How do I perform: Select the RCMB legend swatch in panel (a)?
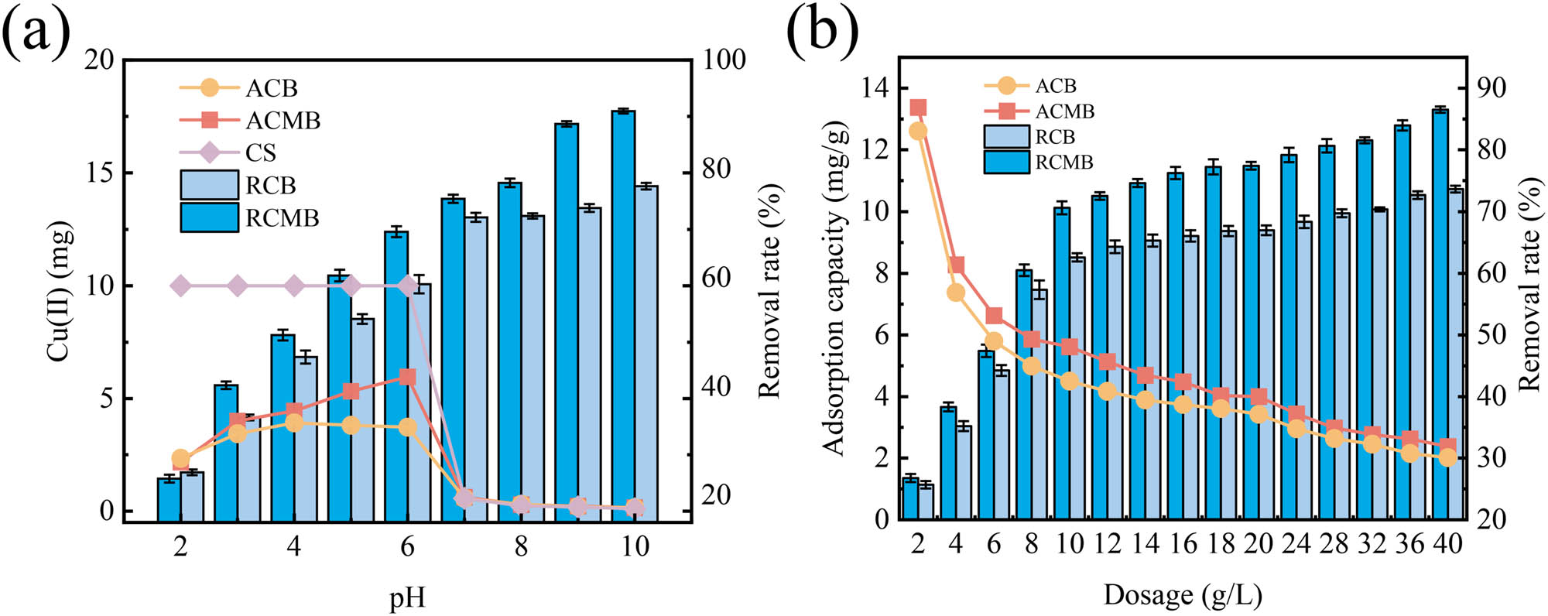point(209,217)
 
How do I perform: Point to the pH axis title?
point(407,598)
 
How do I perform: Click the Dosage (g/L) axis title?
point(1182,595)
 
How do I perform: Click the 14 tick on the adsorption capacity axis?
point(875,87)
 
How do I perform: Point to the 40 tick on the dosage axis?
point(1447,543)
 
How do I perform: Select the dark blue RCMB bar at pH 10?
point(623,310)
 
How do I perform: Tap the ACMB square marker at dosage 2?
point(919,108)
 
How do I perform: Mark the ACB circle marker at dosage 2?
point(919,132)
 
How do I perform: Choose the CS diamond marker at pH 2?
point(180,286)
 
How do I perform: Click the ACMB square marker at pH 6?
point(408,377)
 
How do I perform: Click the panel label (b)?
point(822,31)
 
